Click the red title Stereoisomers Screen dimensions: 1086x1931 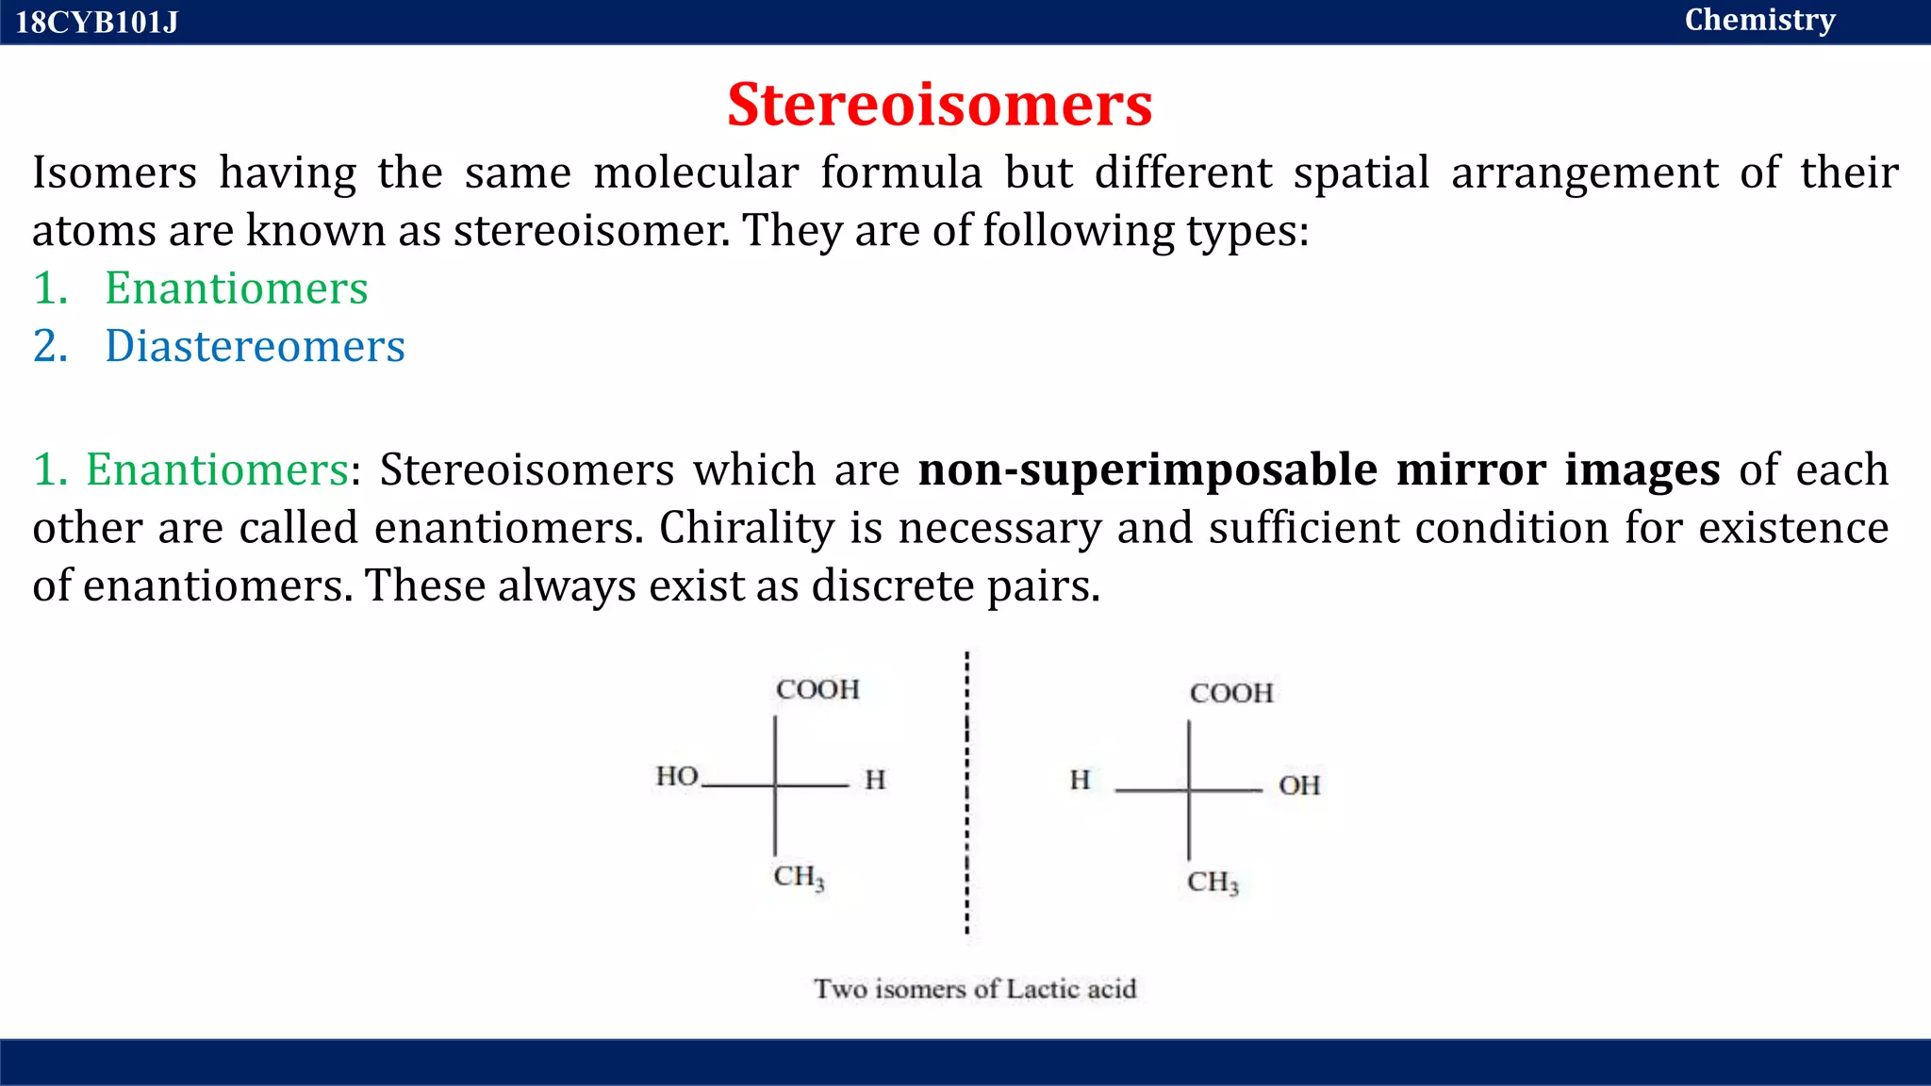[x=939, y=104]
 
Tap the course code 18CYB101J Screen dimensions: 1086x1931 [x=96, y=22]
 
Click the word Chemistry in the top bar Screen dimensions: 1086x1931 [x=1759, y=20]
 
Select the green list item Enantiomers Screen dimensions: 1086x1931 [x=236, y=288]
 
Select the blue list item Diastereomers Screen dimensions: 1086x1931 [x=255, y=346]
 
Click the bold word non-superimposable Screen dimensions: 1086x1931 [x=1147, y=469]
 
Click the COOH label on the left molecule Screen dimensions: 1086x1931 [x=817, y=689]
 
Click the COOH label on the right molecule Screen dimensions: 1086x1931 [x=1231, y=693]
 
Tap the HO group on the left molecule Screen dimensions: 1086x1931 [x=677, y=776]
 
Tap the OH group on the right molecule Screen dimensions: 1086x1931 [x=1298, y=784]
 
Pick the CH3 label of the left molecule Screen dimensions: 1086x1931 [x=799, y=877]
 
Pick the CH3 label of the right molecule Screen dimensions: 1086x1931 [x=1213, y=882]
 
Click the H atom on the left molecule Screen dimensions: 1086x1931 [x=875, y=780]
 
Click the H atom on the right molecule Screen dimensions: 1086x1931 [x=1080, y=780]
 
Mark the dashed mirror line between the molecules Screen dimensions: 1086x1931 [x=966, y=792]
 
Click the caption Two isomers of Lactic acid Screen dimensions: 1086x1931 [x=975, y=989]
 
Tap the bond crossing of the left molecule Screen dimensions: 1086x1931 [x=775, y=784]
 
